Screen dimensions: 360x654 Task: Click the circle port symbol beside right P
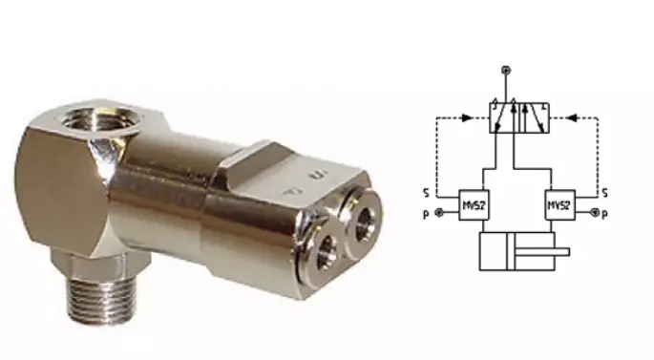pyautogui.click(x=594, y=213)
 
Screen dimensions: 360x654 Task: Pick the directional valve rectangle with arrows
pyautogui.click(x=517, y=119)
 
